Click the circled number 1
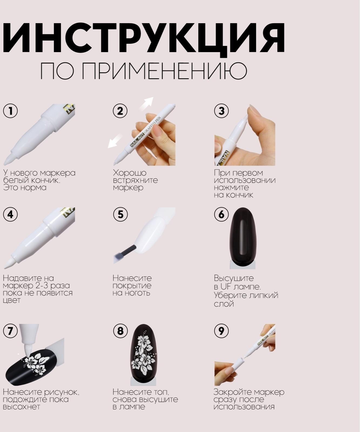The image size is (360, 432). (x=10, y=111)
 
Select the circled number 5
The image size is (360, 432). (x=120, y=214)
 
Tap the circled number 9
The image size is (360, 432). (x=221, y=331)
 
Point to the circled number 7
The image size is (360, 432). (x=10, y=331)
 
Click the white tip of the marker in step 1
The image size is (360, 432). (x=8, y=161)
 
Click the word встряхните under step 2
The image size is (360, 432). (x=135, y=180)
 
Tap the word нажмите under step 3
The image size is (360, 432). (x=231, y=187)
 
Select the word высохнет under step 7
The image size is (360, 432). (x=21, y=407)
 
